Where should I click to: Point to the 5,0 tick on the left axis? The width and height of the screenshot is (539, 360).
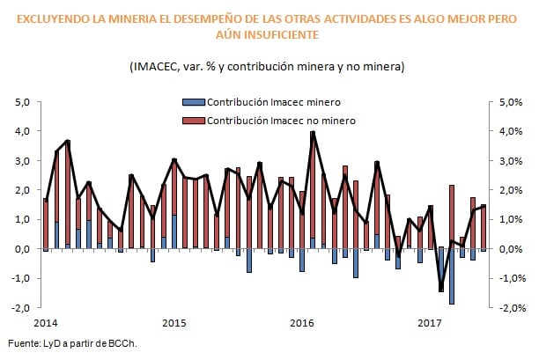pyautogui.click(x=24, y=101)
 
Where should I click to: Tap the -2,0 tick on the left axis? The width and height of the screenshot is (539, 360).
pyautogui.click(x=22, y=308)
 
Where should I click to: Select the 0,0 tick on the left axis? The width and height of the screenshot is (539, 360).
pyautogui.click(x=24, y=249)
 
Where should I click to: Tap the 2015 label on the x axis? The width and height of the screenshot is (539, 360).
pyautogui.click(x=174, y=322)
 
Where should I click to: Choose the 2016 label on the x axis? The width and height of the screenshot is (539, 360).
pyautogui.click(x=303, y=322)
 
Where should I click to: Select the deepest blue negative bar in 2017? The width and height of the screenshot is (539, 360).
pyautogui.click(x=452, y=276)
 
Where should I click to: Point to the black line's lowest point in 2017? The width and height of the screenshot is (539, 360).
pyautogui.click(x=441, y=290)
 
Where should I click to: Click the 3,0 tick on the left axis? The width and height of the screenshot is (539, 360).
pyautogui.click(x=24, y=160)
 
